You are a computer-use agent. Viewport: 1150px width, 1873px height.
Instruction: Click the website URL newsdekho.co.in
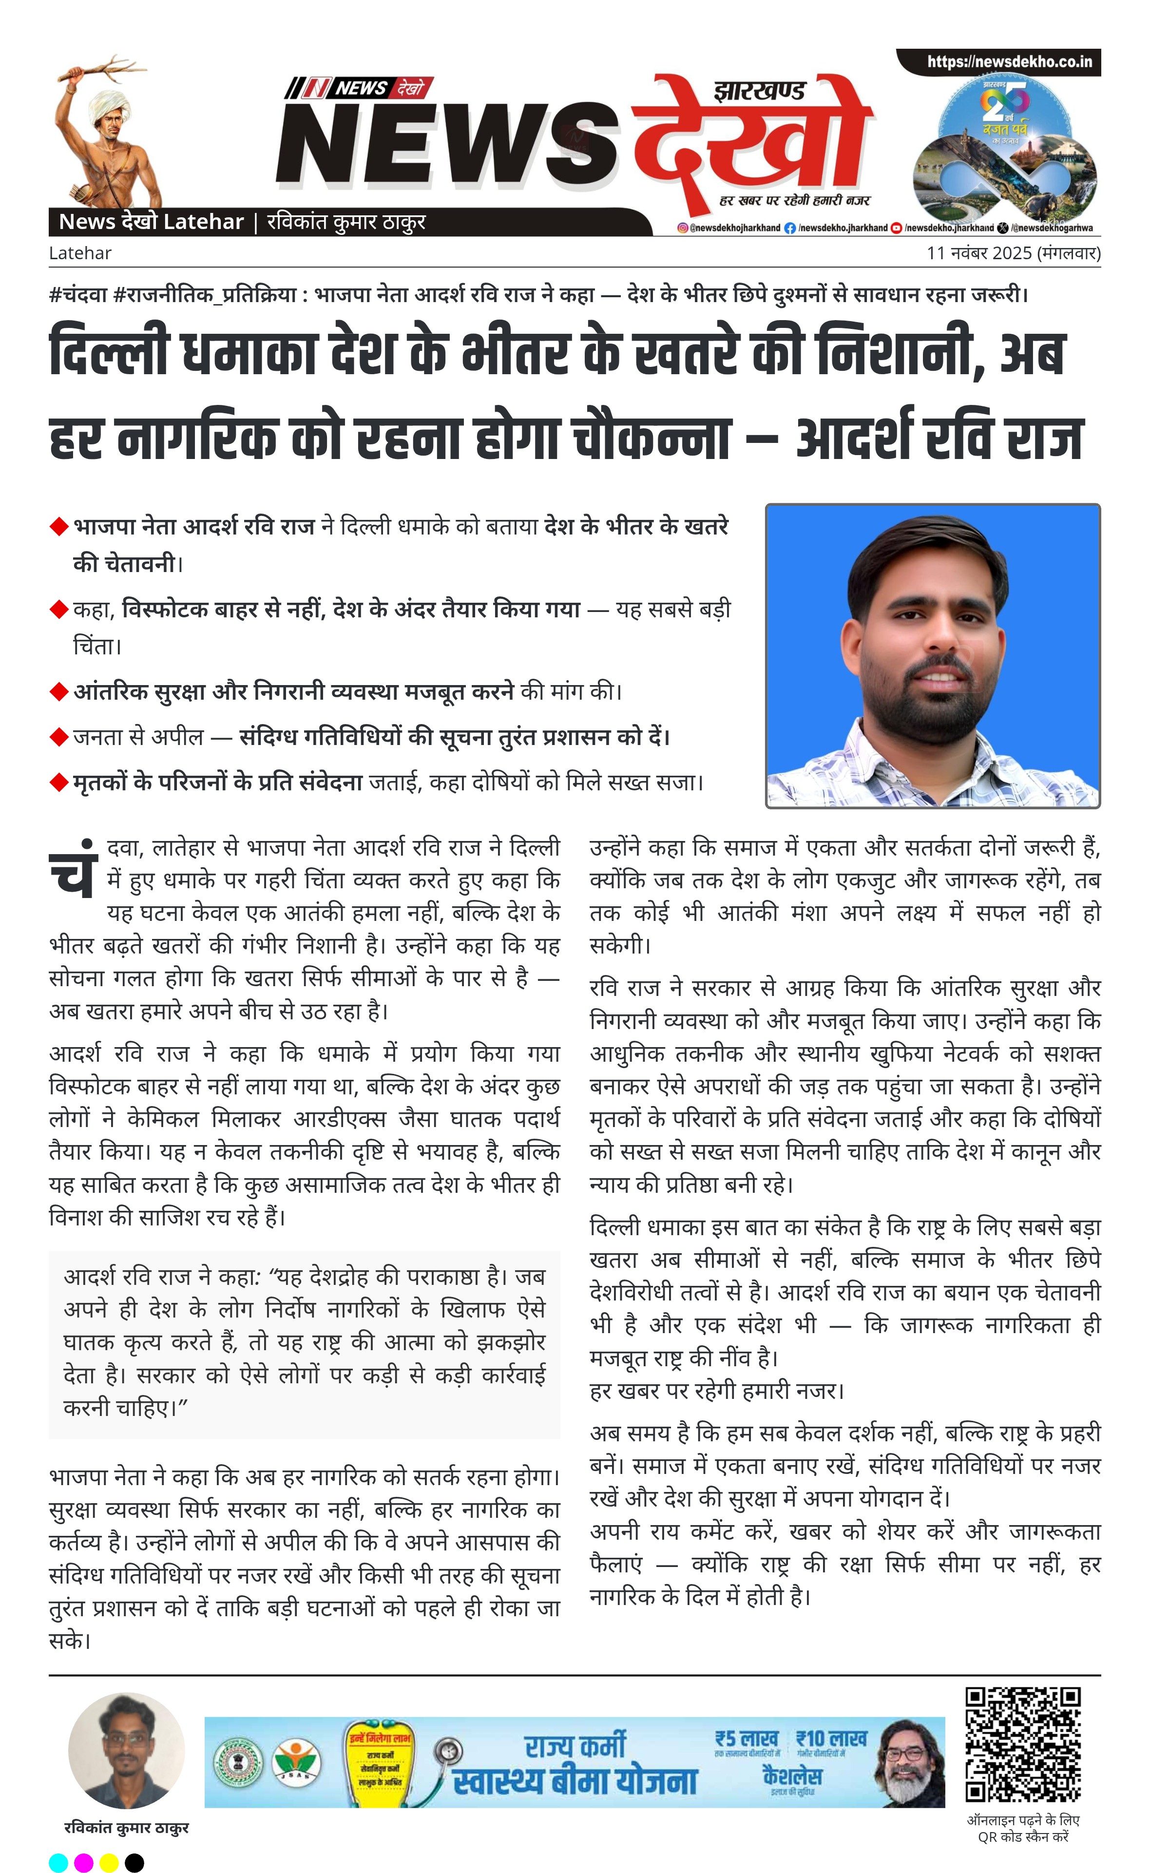(1009, 61)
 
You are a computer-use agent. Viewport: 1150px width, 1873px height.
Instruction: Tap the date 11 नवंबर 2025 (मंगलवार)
(1013, 253)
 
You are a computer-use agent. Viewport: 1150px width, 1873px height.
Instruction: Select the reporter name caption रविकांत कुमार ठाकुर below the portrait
(126, 1827)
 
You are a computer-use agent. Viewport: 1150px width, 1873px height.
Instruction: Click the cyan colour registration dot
(58, 1862)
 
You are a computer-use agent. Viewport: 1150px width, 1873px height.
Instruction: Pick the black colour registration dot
(134, 1862)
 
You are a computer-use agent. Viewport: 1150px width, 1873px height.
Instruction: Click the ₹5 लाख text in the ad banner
(747, 1739)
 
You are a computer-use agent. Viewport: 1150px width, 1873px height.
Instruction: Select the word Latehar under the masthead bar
(80, 253)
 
